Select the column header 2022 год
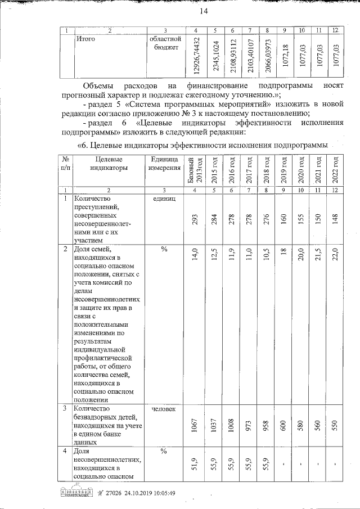coord(336,168)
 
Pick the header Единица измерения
coord(164,163)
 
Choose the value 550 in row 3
coord(336,426)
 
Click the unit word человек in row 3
coord(164,409)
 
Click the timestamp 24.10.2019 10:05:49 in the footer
coord(145,493)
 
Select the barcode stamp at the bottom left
coord(75,493)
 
